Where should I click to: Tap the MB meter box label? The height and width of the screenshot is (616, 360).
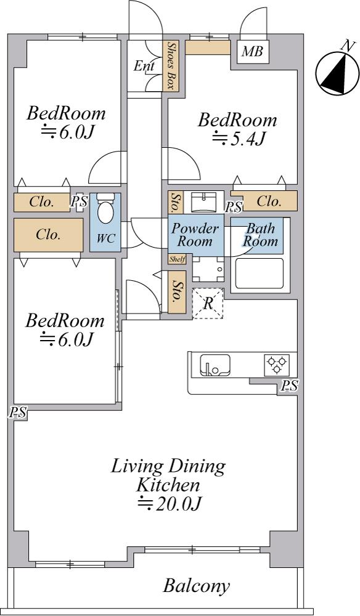click(252, 51)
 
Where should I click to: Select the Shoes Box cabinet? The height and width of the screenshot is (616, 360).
click(171, 65)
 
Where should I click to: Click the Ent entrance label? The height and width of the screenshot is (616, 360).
click(144, 66)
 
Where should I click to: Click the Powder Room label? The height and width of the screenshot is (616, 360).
click(195, 235)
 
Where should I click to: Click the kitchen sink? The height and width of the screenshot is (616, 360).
click(215, 365)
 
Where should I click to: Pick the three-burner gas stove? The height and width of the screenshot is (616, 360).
click(277, 365)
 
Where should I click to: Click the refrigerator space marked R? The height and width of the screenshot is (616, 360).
click(208, 303)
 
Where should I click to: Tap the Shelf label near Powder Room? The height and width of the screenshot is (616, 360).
click(177, 259)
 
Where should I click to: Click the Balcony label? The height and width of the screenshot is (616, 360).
click(196, 586)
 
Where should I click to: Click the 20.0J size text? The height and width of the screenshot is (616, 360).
click(170, 503)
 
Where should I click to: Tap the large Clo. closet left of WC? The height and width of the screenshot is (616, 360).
click(48, 235)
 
